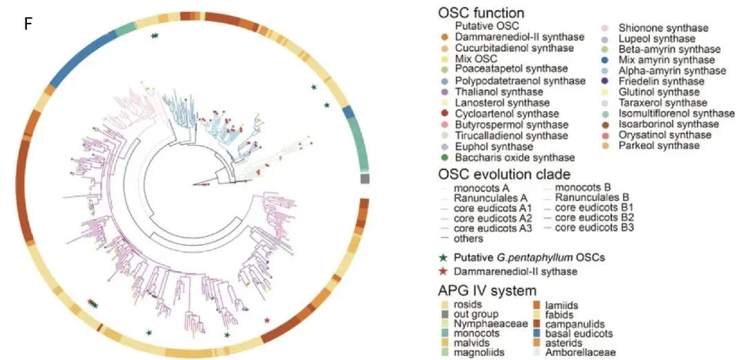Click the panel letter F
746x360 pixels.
[29, 24]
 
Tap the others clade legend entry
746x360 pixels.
[461, 238]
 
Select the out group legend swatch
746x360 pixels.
[446, 314]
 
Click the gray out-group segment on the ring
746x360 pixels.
[365, 179]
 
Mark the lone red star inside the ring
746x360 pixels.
[267, 319]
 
